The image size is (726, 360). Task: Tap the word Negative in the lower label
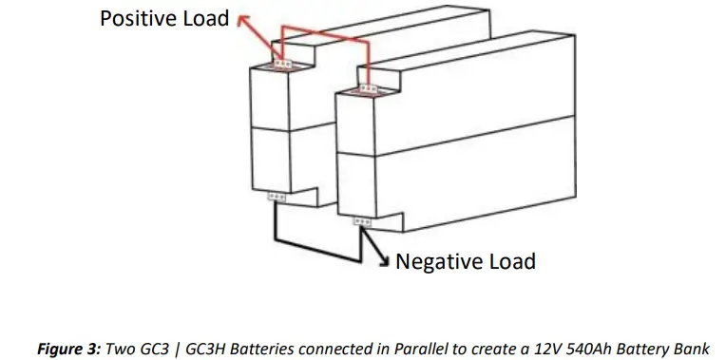click(440, 261)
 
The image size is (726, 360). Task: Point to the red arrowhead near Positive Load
click(242, 18)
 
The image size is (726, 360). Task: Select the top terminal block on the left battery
click(283, 64)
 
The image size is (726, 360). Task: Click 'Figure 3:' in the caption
click(66, 349)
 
